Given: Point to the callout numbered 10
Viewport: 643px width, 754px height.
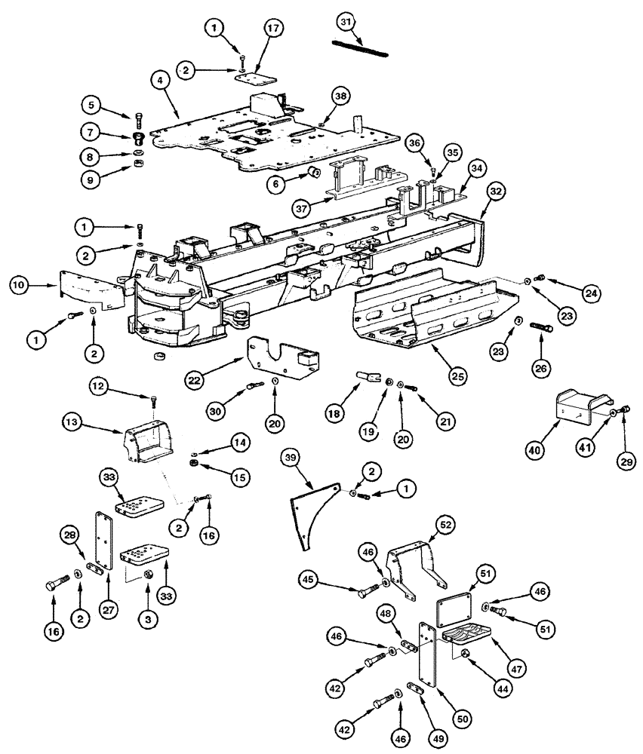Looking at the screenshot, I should click(x=19, y=285).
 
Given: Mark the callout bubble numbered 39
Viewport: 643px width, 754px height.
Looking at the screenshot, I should click(x=289, y=458).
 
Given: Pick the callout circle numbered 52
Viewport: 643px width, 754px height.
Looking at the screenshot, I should click(x=445, y=525).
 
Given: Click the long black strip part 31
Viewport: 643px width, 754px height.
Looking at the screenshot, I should click(x=361, y=48).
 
